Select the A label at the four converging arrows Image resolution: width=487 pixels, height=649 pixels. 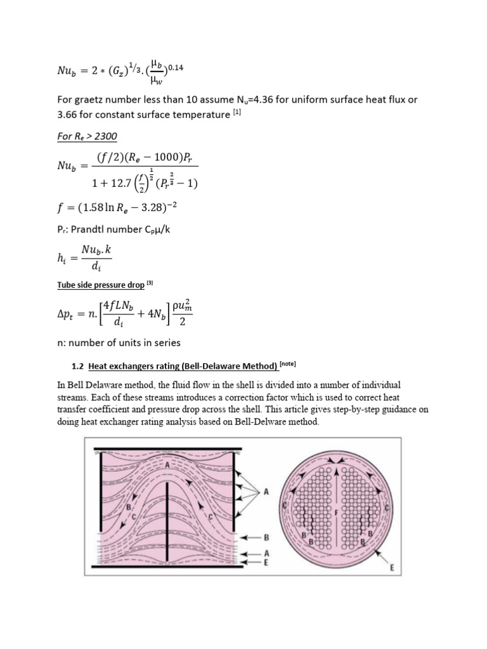pyautogui.click(x=266, y=492)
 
